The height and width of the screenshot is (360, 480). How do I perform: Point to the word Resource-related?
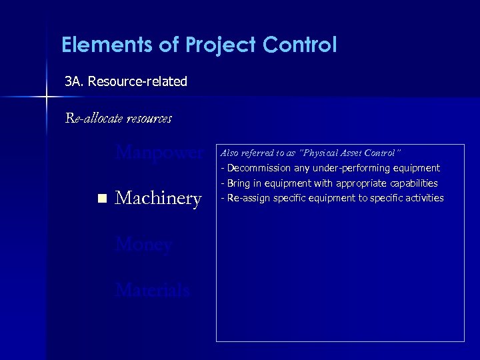pyautogui.click(x=137, y=81)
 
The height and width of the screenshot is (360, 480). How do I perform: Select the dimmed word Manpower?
pyautogui.click(x=159, y=153)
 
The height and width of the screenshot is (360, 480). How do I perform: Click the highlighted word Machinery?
pyautogui.click(x=159, y=198)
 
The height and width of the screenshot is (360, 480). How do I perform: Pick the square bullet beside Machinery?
pyautogui.click(x=101, y=199)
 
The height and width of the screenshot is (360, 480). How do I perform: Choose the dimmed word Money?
pyautogui.click(x=144, y=245)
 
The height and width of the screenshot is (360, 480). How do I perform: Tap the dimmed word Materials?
pyautogui.click(x=153, y=290)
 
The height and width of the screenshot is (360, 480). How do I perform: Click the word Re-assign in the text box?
pyautogui.click(x=245, y=198)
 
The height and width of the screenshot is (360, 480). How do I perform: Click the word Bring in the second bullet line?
pyautogui.click(x=239, y=183)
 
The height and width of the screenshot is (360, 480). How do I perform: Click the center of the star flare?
pyautogui.click(x=46, y=97)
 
